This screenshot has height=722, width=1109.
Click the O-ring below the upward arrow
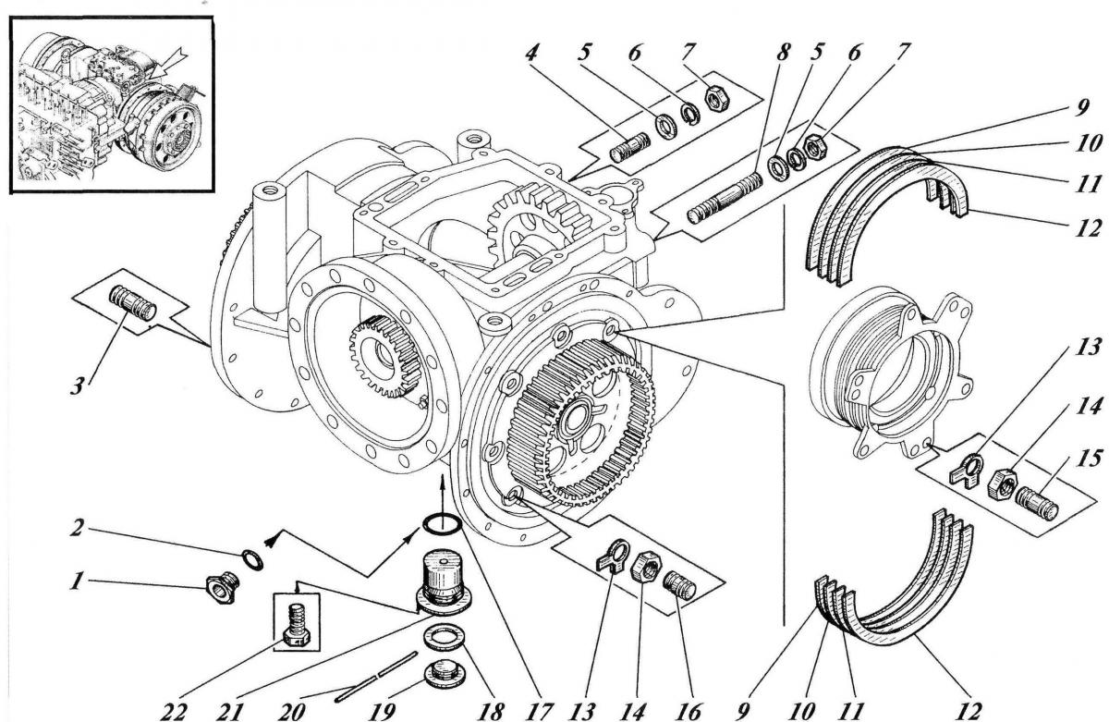click(443, 526)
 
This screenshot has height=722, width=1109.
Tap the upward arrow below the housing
click(444, 490)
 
